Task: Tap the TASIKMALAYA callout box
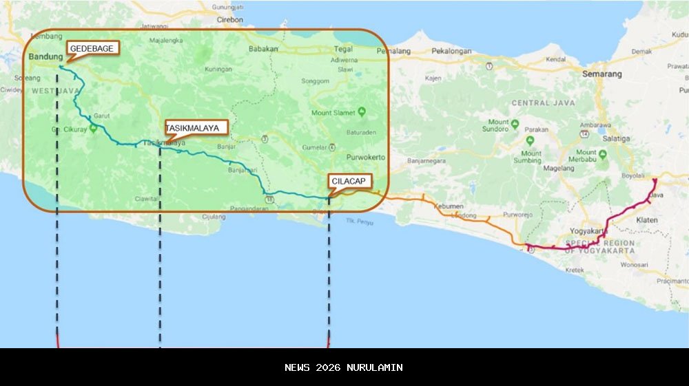coord(196,127)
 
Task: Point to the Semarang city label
coord(601,74)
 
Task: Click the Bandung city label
coord(45,57)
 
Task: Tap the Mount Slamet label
coord(333,113)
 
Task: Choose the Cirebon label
coord(230,20)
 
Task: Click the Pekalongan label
coord(451,51)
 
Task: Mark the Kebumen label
coord(449,206)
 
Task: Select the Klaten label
coord(647,219)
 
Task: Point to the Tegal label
coord(343,49)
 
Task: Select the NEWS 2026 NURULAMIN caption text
coord(344,367)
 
